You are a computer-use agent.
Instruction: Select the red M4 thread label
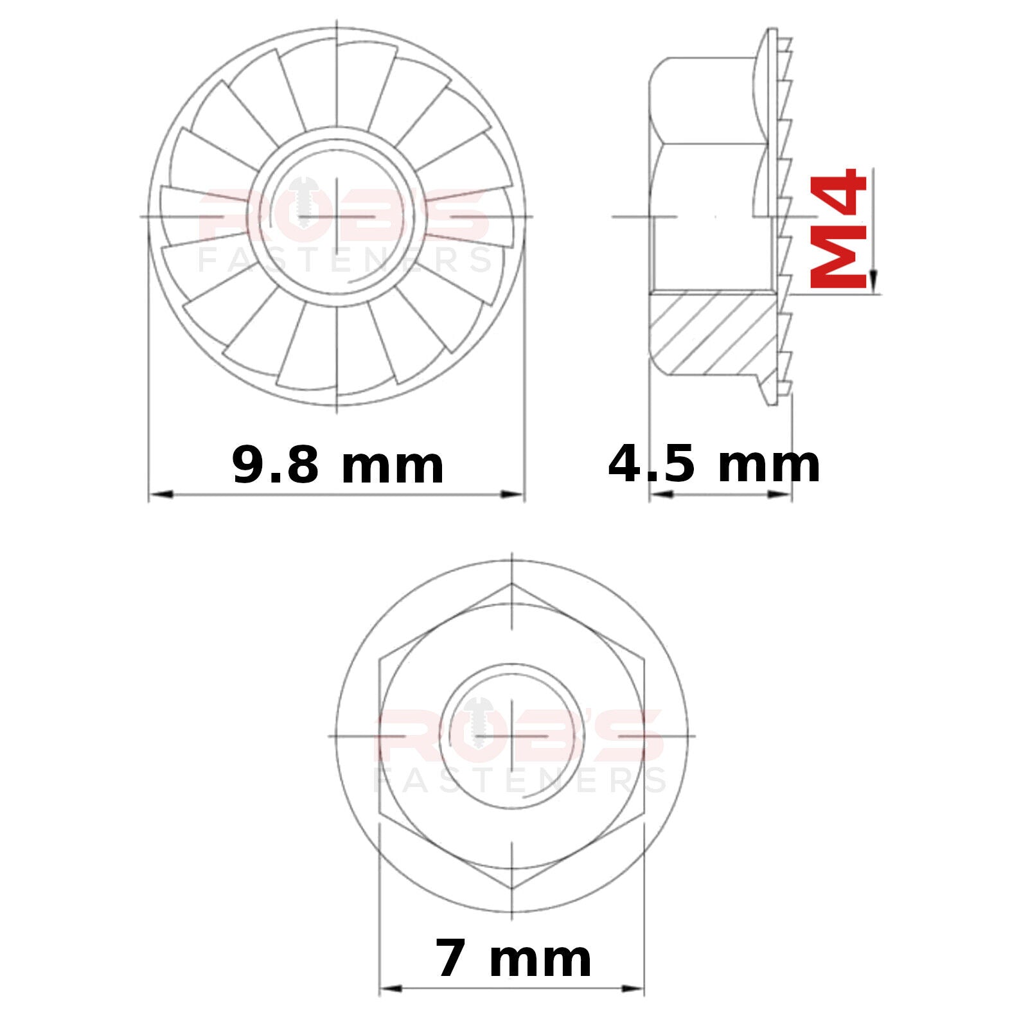click(x=838, y=227)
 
